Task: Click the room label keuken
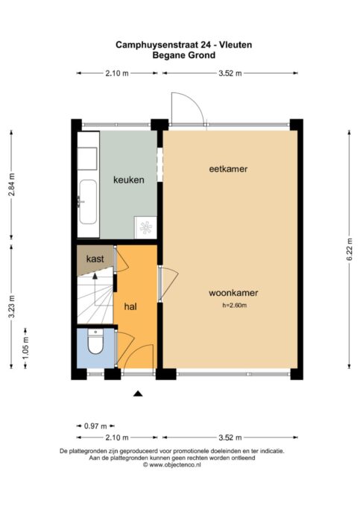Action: click(128, 180)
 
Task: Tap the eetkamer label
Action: click(227, 169)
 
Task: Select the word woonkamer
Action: click(233, 293)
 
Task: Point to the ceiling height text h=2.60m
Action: click(234, 306)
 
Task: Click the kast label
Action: click(95, 259)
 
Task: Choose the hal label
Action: click(130, 306)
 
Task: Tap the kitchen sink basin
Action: click(87, 202)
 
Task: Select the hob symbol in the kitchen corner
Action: click(145, 227)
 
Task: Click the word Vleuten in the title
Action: click(235, 45)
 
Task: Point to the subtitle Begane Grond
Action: click(183, 54)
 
